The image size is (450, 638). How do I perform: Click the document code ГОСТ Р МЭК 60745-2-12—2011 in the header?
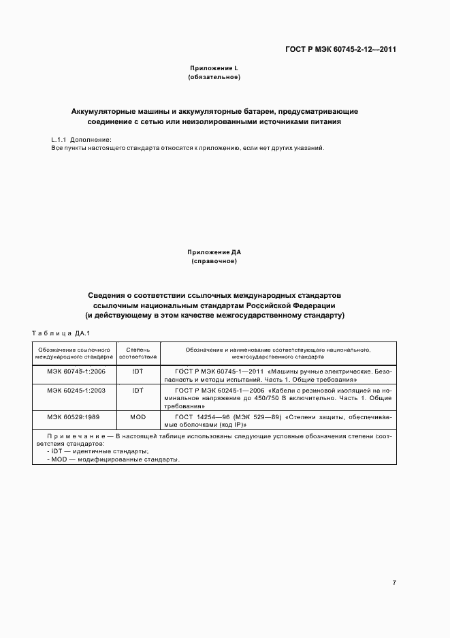click(x=341, y=50)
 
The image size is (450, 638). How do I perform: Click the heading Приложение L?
click(x=214, y=68)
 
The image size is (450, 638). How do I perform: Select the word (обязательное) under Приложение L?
click(x=214, y=78)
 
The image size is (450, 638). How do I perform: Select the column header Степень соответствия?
click(x=138, y=353)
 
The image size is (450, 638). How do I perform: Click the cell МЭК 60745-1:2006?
click(x=74, y=371)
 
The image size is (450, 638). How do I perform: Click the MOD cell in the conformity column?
click(x=138, y=416)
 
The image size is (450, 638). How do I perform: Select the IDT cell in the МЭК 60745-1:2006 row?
click(x=138, y=371)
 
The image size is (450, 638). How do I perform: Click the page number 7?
click(x=394, y=582)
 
